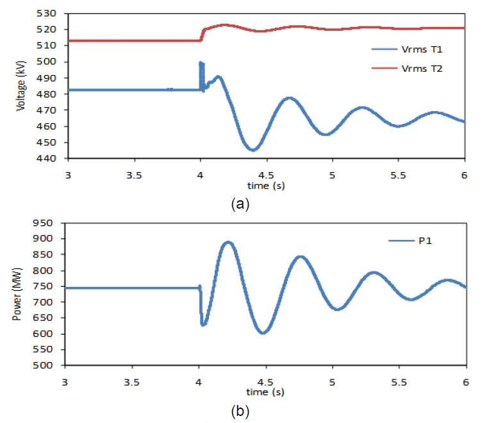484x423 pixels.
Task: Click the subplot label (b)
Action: tap(240, 411)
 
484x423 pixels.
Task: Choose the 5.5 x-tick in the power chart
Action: tap(398, 382)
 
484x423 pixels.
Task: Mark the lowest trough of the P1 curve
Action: tap(263, 332)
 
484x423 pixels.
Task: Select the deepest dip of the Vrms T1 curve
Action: tap(253, 150)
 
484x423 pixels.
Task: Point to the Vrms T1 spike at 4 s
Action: tap(201, 63)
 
